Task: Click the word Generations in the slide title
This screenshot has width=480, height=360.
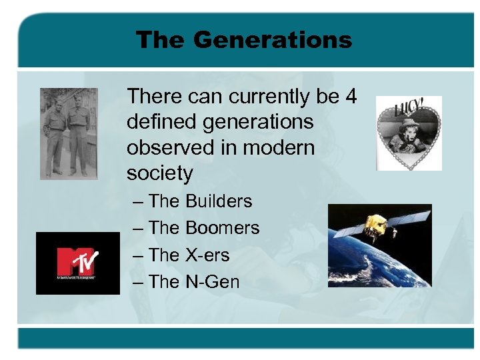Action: coord(272,40)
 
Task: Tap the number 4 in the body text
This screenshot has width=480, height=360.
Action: coord(351,97)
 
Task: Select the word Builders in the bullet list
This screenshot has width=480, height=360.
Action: coord(219,201)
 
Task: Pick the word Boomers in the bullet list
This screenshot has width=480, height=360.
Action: coord(222,228)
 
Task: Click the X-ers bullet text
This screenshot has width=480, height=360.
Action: coord(207,255)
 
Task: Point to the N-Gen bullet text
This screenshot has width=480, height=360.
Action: coord(212,282)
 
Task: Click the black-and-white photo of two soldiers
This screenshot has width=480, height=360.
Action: coord(69,133)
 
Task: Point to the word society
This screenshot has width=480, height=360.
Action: coord(159,174)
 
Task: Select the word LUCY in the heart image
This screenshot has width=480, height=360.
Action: coord(407,107)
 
